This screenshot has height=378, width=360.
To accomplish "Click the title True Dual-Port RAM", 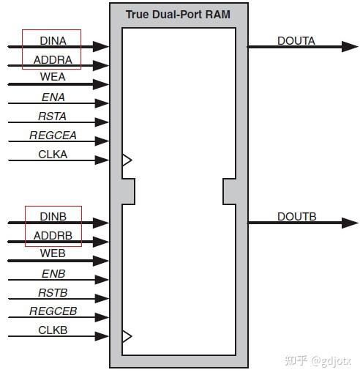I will [x=179, y=14].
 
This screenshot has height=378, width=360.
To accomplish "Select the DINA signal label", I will [x=52, y=41].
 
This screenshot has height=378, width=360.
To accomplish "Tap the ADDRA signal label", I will [x=52, y=59].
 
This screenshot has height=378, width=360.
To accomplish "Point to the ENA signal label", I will [x=53, y=97].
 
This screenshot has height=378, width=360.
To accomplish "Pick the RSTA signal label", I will [x=53, y=116].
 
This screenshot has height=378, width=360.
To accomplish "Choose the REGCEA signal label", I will [x=53, y=135].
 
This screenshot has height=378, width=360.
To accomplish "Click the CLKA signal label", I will [x=53, y=154].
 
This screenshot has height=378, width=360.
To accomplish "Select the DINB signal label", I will [x=53, y=217].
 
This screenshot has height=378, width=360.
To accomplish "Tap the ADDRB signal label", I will [x=53, y=236].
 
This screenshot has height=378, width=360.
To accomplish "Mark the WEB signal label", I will [x=53, y=254].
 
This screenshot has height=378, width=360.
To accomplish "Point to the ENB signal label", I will [x=53, y=273].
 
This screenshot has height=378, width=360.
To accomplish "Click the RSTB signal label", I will [x=53, y=292].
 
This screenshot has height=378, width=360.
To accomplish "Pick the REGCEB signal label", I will [x=53, y=311].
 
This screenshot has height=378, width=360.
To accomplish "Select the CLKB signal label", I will [x=53, y=330].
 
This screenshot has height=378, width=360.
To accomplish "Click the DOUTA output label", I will [x=296, y=41].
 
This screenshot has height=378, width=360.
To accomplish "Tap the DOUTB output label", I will [x=296, y=217].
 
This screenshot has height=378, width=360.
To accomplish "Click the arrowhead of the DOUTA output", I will [x=350, y=47].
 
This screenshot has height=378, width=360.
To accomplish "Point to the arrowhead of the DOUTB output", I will [x=350, y=223].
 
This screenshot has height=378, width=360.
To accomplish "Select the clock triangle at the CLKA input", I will [x=127, y=160].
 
